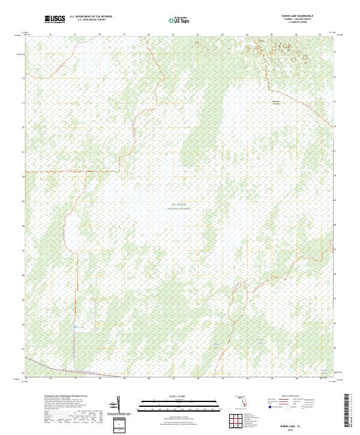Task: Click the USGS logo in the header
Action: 55,20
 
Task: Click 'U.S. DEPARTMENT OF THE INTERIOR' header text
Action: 91,17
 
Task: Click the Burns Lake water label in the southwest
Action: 77,326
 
